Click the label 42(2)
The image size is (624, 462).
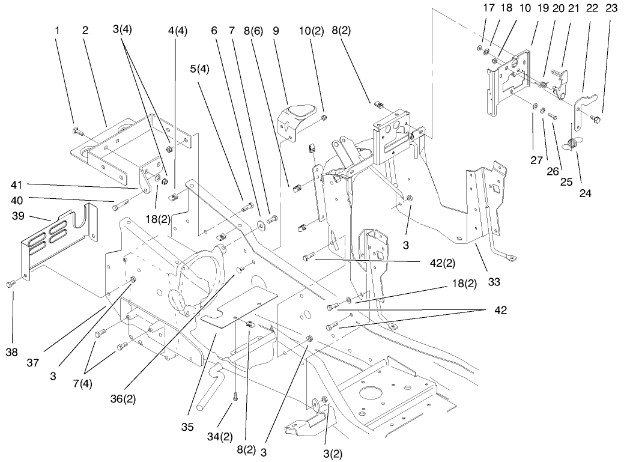click(443, 263)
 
